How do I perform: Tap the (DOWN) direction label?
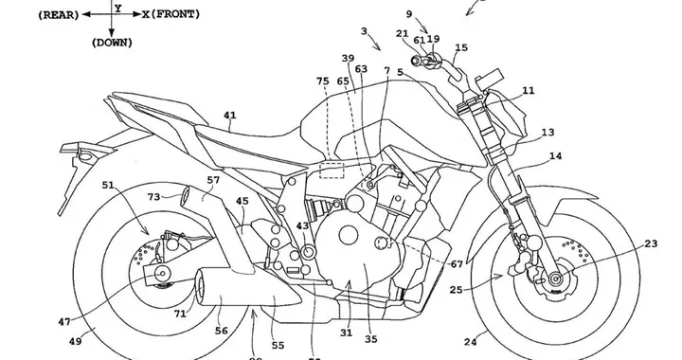(x=112, y=43)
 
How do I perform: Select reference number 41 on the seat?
(x=229, y=117)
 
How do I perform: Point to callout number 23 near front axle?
(x=652, y=244)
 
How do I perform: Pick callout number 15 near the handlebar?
(x=461, y=47)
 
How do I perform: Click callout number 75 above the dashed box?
(x=323, y=81)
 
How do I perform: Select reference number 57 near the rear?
(x=213, y=179)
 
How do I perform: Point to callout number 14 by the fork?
(x=555, y=155)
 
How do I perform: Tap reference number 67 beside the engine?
(x=458, y=263)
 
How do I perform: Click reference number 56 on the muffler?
(x=222, y=330)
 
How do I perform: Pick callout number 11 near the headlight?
(x=528, y=92)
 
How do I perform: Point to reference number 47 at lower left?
(x=63, y=322)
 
